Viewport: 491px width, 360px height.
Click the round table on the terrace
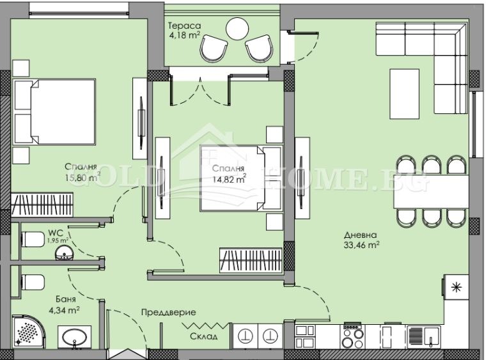[237, 27]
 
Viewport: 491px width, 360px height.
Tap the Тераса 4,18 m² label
[184, 30]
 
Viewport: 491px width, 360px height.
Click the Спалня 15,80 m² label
[81, 173]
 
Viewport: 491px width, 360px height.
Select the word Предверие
[168, 313]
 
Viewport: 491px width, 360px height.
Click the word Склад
[203, 336]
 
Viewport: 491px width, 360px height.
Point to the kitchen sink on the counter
[423, 333]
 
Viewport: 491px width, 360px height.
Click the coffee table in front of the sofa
[404, 93]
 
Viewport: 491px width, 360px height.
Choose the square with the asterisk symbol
[455, 288]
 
